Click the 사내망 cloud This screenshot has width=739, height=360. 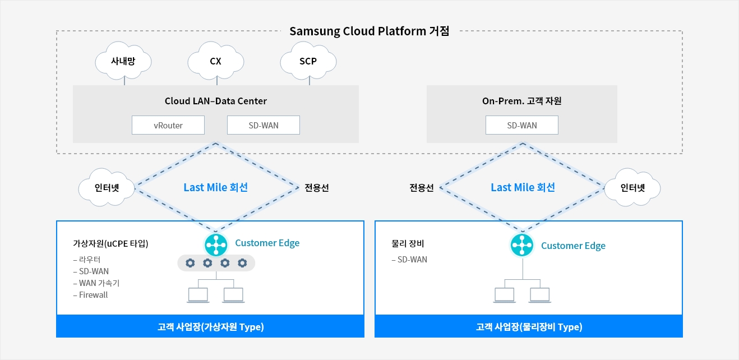tap(123, 62)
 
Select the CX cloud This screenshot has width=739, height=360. tap(215, 62)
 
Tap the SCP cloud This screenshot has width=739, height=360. tap(308, 62)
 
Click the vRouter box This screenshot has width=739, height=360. tap(168, 125)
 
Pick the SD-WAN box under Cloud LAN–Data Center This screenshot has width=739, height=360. tap(264, 125)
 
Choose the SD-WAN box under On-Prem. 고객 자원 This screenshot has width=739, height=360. tap(522, 125)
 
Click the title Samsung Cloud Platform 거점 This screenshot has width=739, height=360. tap(369, 31)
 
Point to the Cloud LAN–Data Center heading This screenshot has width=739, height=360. tap(216, 101)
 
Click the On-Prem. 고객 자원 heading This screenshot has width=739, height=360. tap(522, 101)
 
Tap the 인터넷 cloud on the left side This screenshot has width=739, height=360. tap(107, 188)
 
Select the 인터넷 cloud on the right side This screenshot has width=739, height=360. tap(632, 188)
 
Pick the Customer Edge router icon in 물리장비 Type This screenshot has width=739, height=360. tap(522, 245)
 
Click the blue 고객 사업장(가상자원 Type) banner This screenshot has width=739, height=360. tap(210, 327)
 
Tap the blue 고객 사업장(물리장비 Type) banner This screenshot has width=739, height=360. tap(529, 327)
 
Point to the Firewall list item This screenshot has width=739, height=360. tap(93, 295)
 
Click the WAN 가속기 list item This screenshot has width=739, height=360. tap(99, 283)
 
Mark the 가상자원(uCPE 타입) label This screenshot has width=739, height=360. tap(110, 244)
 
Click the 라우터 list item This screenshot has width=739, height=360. tap(90, 260)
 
